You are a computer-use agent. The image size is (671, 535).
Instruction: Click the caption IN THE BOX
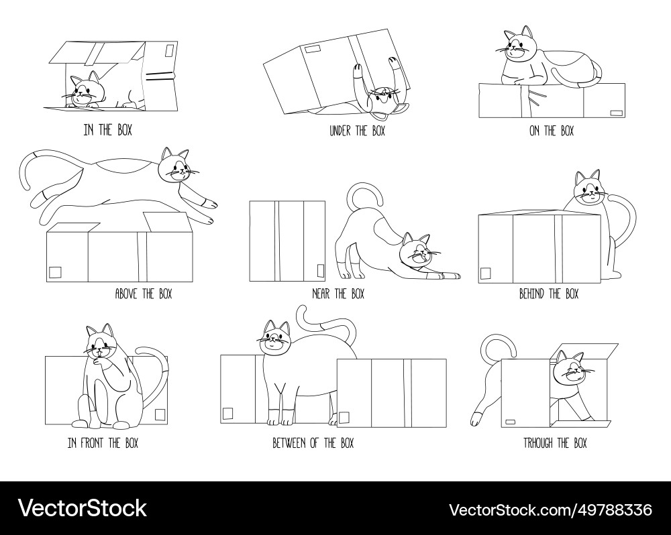click(x=107, y=130)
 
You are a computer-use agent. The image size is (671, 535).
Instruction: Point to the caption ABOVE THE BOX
click(x=143, y=294)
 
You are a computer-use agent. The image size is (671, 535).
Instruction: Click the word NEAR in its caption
click(x=321, y=294)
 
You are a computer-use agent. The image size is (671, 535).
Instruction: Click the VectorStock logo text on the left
click(x=82, y=508)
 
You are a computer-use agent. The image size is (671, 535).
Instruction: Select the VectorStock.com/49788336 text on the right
click(x=550, y=509)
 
